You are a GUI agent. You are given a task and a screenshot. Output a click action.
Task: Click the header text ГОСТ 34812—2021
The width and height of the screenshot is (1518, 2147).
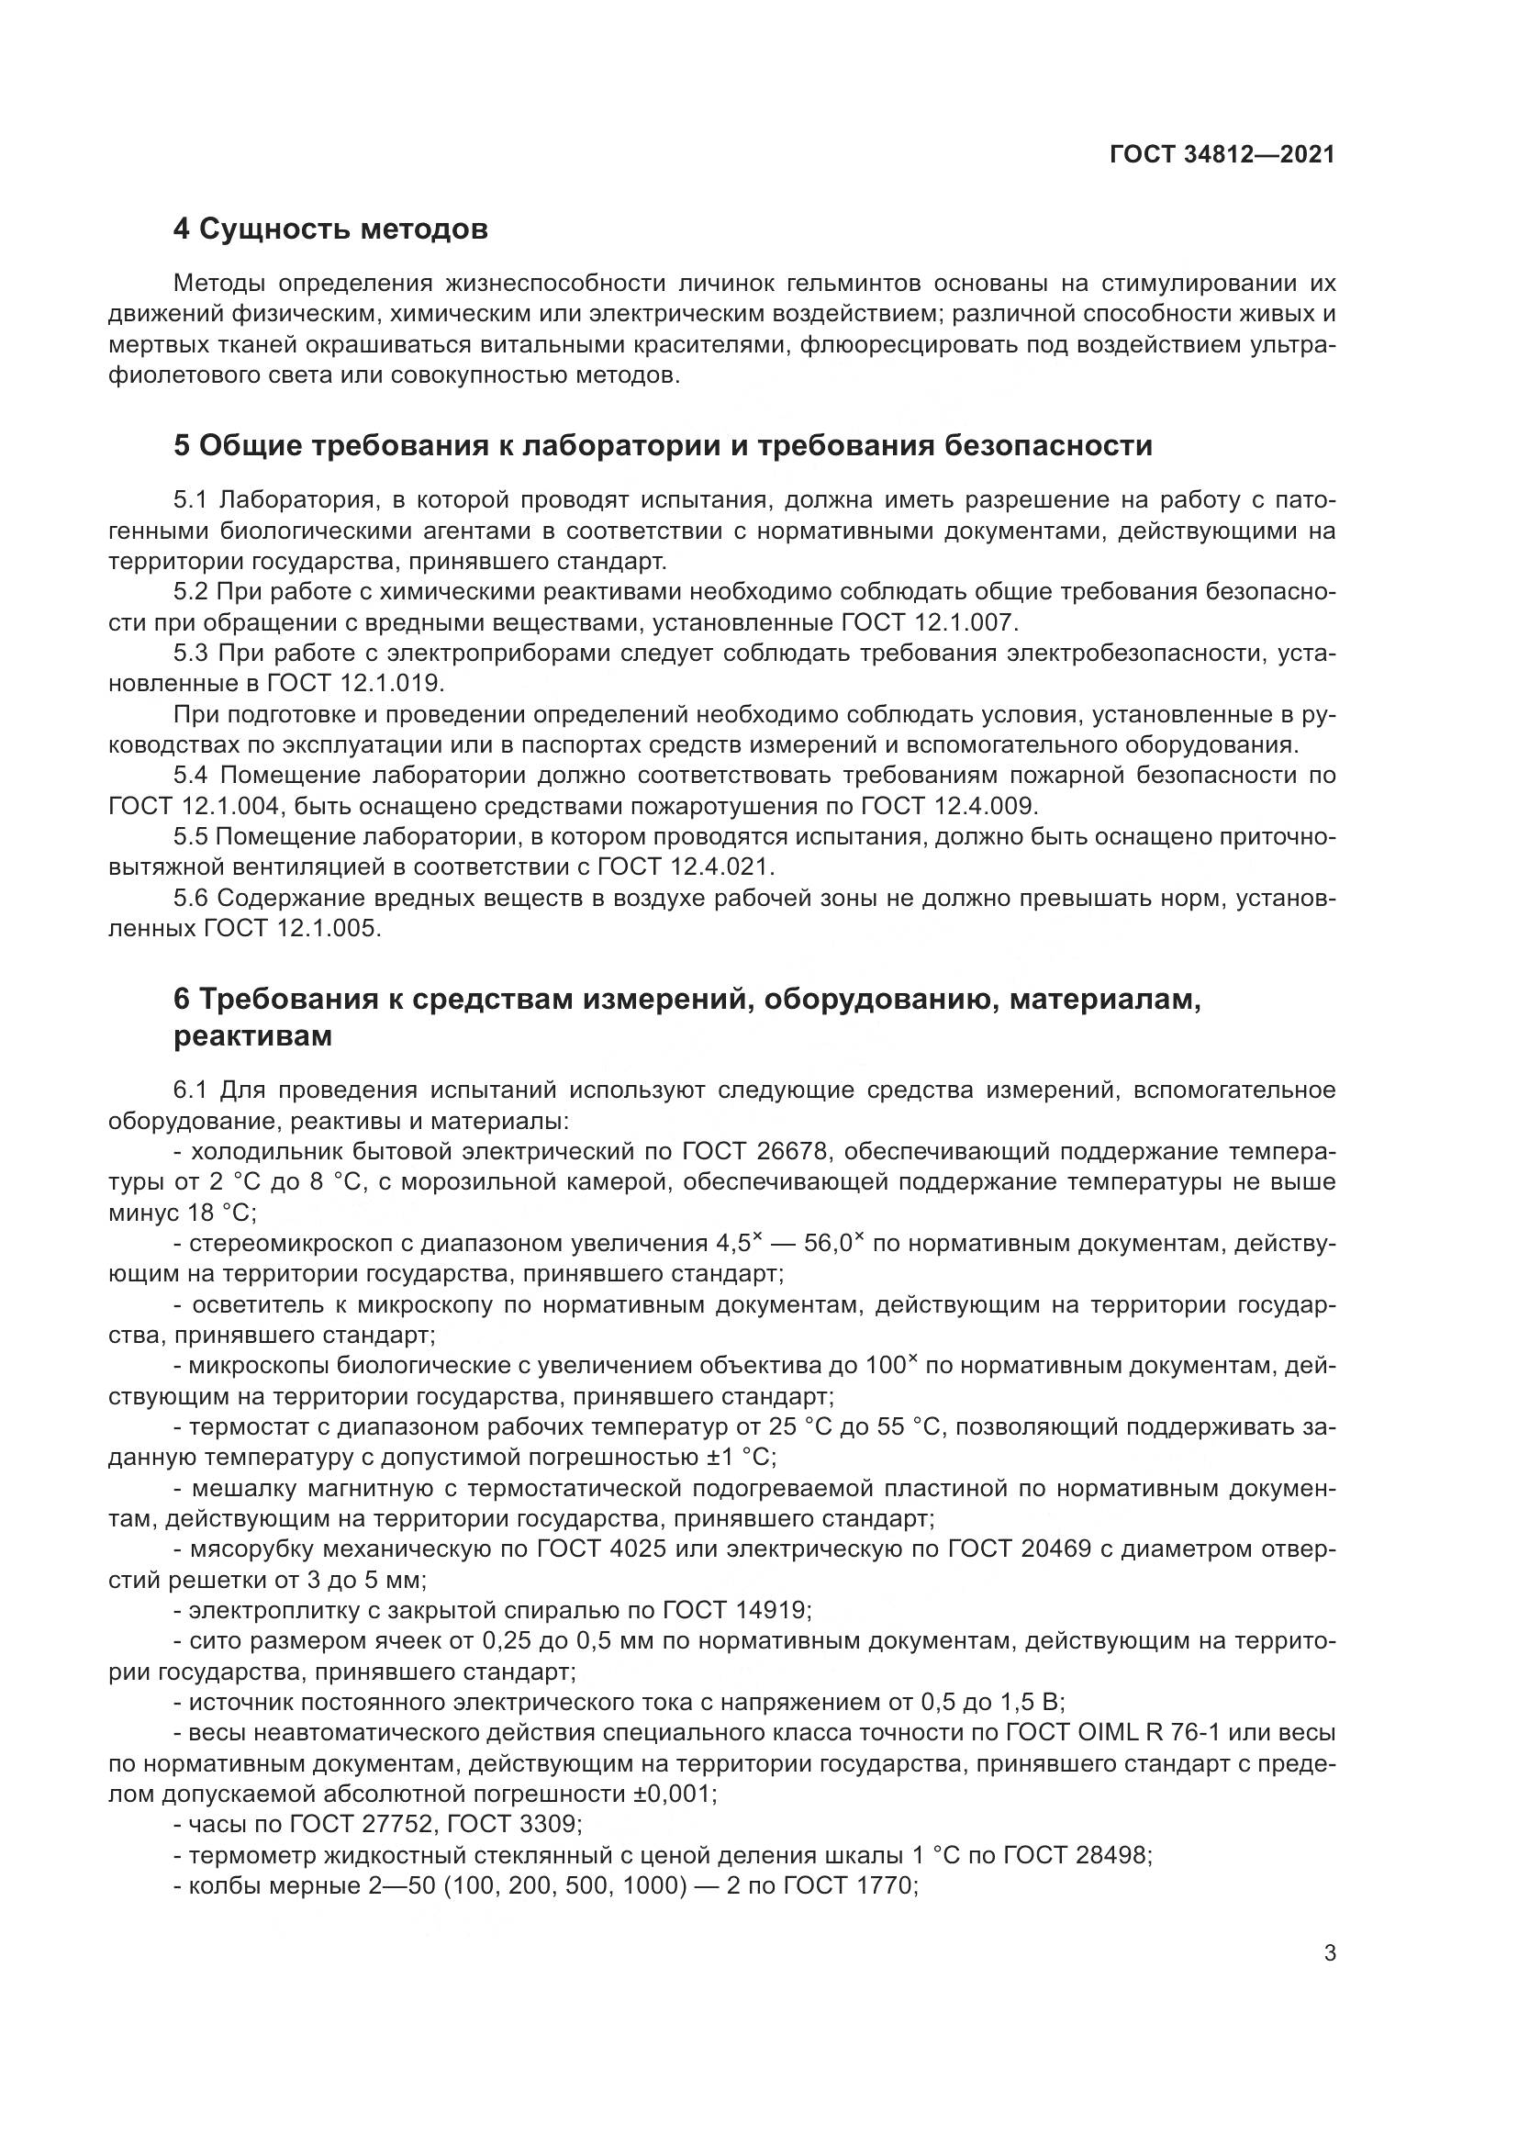point(1222,155)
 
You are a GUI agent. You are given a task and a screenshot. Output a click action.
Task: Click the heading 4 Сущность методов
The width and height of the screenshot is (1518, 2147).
point(331,229)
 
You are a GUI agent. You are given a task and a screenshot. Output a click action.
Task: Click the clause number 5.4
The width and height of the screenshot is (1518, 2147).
point(193,776)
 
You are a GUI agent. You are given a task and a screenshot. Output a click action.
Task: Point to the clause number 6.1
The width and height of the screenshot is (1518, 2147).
point(194,1090)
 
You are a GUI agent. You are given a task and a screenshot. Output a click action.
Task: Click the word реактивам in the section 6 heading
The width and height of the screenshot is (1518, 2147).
point(252,1036)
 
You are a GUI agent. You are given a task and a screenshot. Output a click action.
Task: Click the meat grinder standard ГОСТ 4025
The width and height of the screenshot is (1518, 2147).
point(601,1549)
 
